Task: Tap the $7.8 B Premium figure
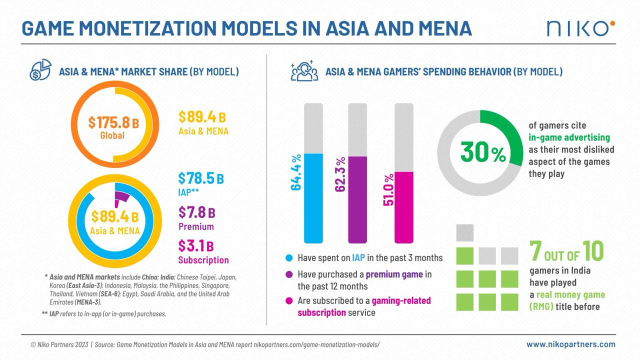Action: (x=197, y=212)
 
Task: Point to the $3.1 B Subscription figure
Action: (x=196, y=246)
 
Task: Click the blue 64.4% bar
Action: (x=313, y=198)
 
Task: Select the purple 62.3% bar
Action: (x=357, y=200)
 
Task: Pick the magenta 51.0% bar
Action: (x=404, y=207)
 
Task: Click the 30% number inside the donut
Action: (x=482, y=152)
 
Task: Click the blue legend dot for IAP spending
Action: (x=288, y=258)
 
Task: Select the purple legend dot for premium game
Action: (x=288, y=274)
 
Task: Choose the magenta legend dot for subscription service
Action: (x=288, y=301)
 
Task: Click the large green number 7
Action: (x=536, y=252)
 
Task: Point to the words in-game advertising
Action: (x=569, y=137)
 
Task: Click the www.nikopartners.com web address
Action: (x=570, y=344)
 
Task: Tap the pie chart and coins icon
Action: (x=40, y=70)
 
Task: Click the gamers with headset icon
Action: (x=304, y=71)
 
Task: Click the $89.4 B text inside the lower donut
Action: (x=114, y=217)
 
